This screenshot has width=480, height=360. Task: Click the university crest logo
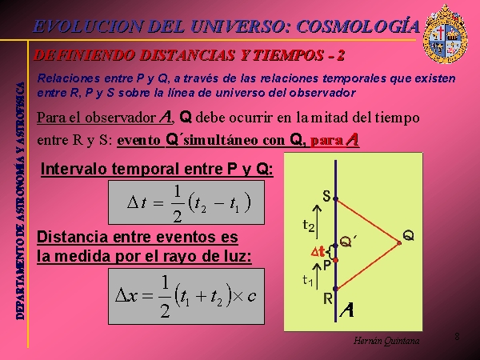[445, 34]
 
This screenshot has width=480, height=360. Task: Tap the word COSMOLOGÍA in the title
[358, 26]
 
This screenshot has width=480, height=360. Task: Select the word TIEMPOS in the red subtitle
[289, 55]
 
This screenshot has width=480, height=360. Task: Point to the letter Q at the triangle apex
[408, 236]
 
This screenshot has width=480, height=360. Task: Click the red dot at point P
[335, 260]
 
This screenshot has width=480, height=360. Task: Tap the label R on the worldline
[328, 298]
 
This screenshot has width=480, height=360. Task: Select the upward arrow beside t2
[317, 222]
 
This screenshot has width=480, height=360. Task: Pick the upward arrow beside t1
[317, 277]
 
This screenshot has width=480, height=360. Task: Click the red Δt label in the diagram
[318, 252]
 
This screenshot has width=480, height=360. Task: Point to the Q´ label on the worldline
[348, 242]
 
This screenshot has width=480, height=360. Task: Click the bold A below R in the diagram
[347, 310]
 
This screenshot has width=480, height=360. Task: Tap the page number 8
[457, 337]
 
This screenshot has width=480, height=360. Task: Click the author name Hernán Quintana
[386, 341]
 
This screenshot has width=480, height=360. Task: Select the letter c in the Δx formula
[252, 296]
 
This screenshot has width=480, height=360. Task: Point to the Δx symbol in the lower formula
[126, 296]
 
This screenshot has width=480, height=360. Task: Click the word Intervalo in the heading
[74, 169]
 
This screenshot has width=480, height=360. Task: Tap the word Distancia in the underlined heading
[72, 237]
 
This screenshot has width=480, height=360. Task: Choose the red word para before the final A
[327, 141]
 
